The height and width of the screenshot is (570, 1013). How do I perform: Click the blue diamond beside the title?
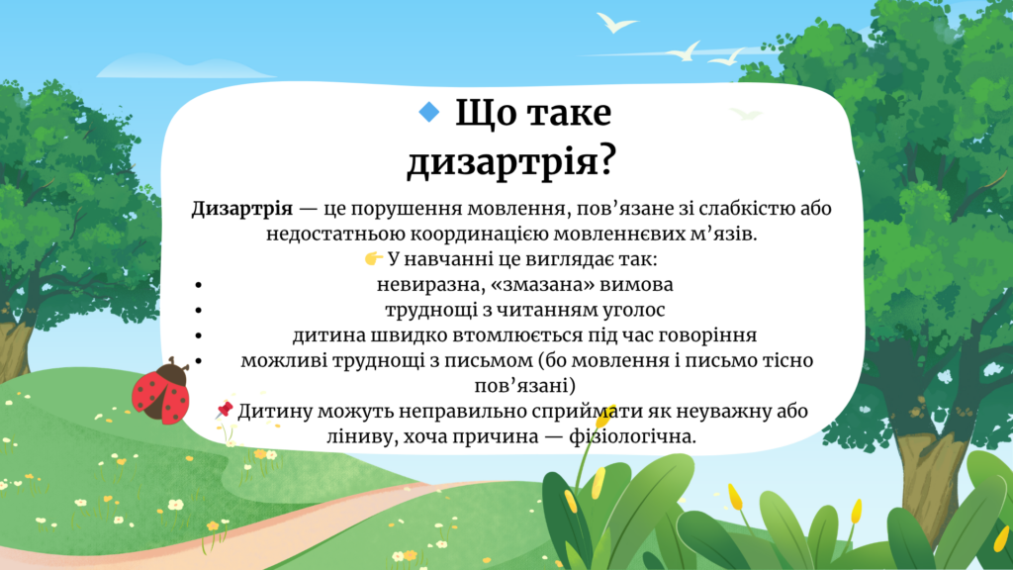[x=429, y=112]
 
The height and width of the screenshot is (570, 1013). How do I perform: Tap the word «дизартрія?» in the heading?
[x=511, y=160]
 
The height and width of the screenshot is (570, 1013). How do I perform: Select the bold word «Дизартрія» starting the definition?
[x=242, y=210]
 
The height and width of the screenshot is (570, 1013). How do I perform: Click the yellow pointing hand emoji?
[x=373, y=258]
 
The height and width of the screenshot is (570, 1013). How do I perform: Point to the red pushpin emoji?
[x=225, y=409]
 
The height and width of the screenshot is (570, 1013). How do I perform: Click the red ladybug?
[x=161, y=392]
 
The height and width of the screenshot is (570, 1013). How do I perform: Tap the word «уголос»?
[x=634, y=311]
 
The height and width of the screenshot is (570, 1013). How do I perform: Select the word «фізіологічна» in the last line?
[x=632, y=436]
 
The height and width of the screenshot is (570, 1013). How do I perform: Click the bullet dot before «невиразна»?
[x=198, y=285]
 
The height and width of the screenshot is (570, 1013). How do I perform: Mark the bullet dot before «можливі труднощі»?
[x=198, y=360]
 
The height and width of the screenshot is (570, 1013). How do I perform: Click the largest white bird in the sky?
[x=614, y=23]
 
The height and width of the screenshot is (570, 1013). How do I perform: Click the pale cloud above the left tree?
[x=184, y=66]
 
